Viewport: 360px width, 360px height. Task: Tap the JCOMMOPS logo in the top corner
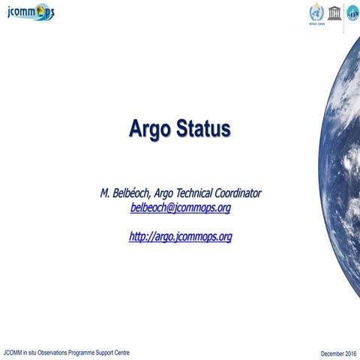click(x=28, y=13)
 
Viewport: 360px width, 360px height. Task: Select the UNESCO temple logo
click(x=333, y=12)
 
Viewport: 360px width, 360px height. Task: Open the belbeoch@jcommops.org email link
click(x=180, y=208)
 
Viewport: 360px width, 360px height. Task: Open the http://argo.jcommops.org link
click(x=180, y=237)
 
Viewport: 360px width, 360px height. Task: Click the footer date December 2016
click(x=337, y=352)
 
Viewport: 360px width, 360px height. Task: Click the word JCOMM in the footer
click(x=13, y=352)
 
